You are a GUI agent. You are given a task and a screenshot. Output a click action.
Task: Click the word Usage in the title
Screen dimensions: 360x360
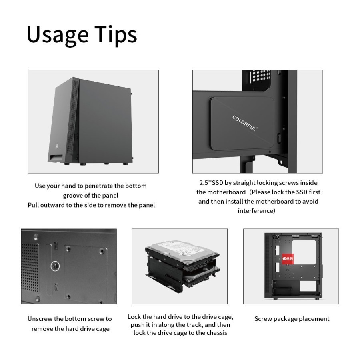pos(57,35)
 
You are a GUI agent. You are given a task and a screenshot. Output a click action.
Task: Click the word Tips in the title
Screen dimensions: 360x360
pos(116,35)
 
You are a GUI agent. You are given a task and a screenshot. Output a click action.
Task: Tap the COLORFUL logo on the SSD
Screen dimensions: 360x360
pos(245,124)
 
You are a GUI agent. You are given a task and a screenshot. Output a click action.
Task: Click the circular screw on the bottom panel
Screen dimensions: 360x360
pos(54,266)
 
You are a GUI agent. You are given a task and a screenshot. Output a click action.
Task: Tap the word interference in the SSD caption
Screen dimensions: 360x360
pos(255,211)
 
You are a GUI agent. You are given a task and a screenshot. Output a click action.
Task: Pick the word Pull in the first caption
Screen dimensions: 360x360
pos(34,205)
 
